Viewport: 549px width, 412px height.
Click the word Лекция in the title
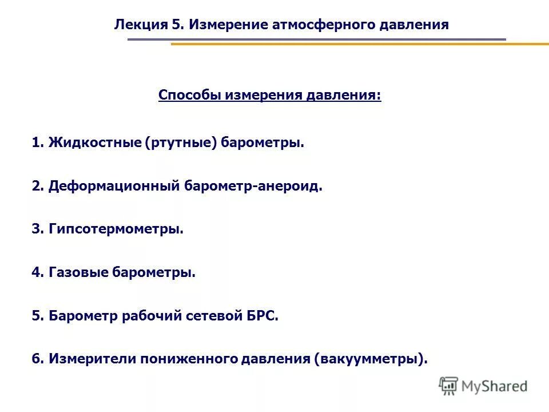click(140, 25)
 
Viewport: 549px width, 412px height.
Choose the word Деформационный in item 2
click(114, 186)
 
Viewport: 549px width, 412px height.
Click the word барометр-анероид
click(254, 186)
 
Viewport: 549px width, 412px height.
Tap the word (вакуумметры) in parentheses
click(370, 359)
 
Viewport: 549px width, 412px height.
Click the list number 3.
click(36, 229)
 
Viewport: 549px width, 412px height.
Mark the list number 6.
click(36, 359)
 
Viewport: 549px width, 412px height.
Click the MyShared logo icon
click(449, 386)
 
